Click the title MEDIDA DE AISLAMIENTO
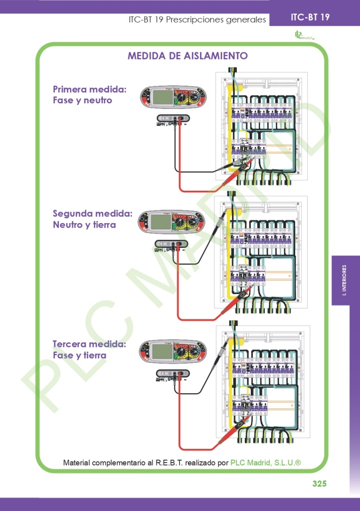187,56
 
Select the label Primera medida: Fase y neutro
90,95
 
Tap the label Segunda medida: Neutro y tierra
92,219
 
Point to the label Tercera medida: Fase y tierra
90,350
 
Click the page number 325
319,484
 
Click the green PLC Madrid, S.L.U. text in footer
265,463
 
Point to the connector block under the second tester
172,244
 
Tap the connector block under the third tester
174,373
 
